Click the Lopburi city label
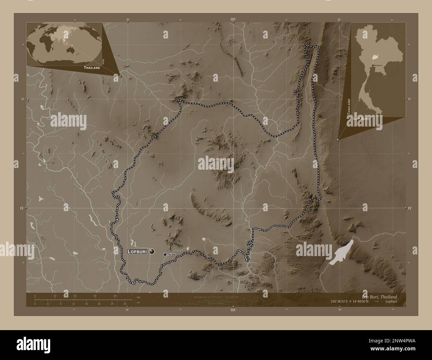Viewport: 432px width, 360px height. (138, 252)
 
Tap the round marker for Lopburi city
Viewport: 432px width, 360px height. (152, 251)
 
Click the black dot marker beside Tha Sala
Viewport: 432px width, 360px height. (165, 254)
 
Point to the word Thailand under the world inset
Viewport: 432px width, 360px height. (92, 67)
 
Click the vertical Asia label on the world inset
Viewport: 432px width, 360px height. (104, 61)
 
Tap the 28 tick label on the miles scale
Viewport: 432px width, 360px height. (125, 304)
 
